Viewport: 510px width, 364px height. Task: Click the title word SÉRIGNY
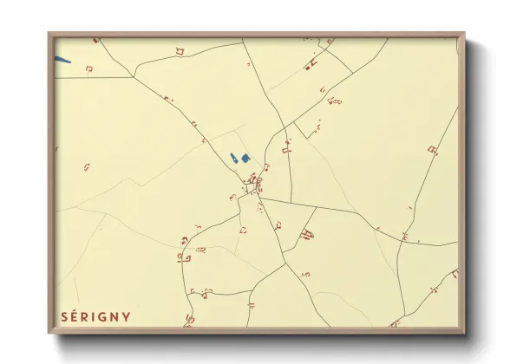[x=95, y=316]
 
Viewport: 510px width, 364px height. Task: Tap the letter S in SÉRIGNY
[x=63, y=316]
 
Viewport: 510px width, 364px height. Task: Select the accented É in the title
[x=75, y=315]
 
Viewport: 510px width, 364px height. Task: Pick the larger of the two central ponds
[x=245, y=158]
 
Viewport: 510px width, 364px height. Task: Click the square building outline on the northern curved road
[x=180, y=51]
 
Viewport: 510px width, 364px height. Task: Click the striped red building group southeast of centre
[x=306, y=233]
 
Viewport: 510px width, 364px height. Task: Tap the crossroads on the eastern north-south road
[x=402, y=242]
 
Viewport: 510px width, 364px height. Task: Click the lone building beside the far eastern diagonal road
[x=432, y=150]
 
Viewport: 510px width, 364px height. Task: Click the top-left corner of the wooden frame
[x=49, y=35]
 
